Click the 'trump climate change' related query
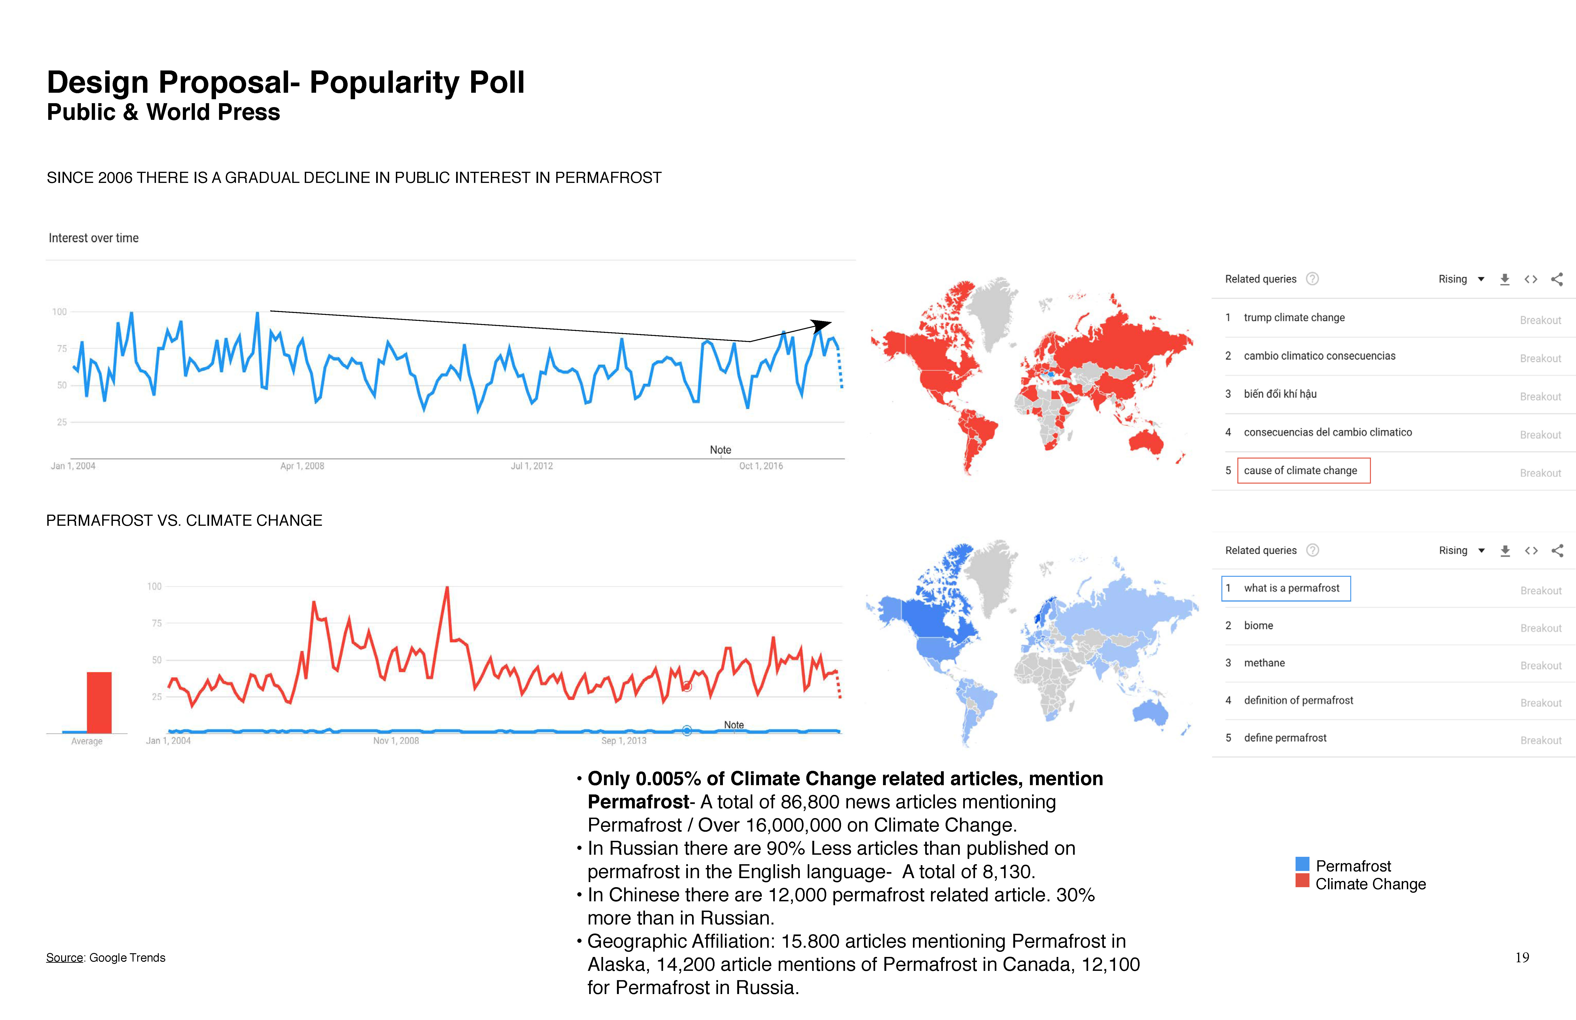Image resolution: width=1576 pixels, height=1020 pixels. click(x=1294, y=318)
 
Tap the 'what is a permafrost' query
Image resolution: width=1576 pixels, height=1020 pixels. click(x=1291, y=588)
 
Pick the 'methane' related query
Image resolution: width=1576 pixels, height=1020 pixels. click(x=1264, y=663)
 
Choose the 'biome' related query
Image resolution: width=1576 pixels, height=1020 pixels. click(x=1258, y=626)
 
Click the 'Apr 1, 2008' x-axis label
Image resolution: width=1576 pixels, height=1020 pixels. click(x=302, y=466)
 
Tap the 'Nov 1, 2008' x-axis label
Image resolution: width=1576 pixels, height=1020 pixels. click(x=396, y=740)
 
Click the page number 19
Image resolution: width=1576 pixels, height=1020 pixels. click(x=1522, y=958)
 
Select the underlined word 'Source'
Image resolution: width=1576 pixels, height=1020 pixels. click(x=64, y=958)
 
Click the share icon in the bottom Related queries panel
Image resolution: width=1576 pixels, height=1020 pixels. click(x=1557, y=550)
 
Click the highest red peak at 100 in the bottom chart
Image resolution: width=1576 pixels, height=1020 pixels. click(x=447, y=588)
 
